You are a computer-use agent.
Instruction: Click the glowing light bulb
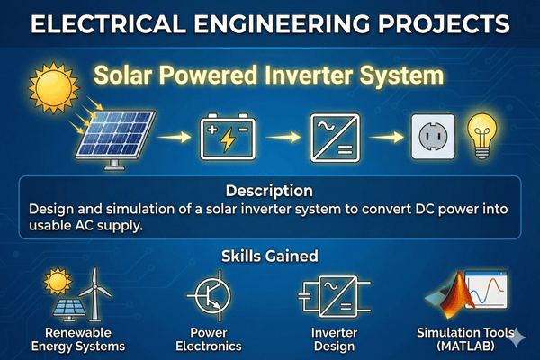click(481, 133)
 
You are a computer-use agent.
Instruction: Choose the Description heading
click(270, 191)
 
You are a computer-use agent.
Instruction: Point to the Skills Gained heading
click(270, 256)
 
